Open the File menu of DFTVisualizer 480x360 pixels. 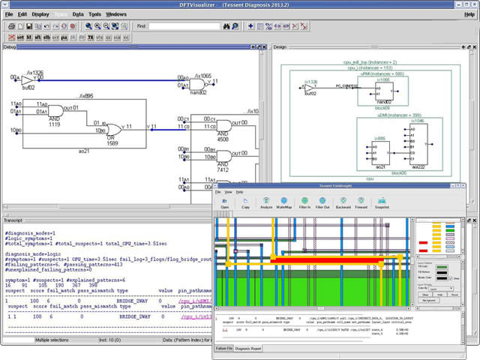(x=9, y=14)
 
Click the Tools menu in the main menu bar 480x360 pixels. (x=93, y=14)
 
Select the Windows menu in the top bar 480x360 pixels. (x=116, y=14)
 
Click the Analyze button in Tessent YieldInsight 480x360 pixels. (x=266, y=203)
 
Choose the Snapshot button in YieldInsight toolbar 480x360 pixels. (x=382, y=203)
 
